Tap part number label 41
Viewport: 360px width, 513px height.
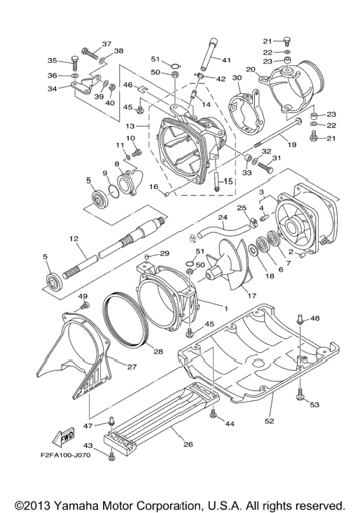[226, 60]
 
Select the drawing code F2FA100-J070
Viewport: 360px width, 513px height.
[66, 455]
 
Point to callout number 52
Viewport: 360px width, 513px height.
[269, 421]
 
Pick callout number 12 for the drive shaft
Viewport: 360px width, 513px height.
[74, 239]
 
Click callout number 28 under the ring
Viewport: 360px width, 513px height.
[158, 351]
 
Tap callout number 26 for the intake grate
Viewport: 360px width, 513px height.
[188, 444]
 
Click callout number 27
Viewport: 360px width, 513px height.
[132, 367]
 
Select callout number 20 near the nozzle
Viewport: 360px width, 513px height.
[251, 69]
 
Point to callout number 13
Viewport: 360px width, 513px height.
[130, 126]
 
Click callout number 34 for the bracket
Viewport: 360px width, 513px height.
[53, 88]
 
